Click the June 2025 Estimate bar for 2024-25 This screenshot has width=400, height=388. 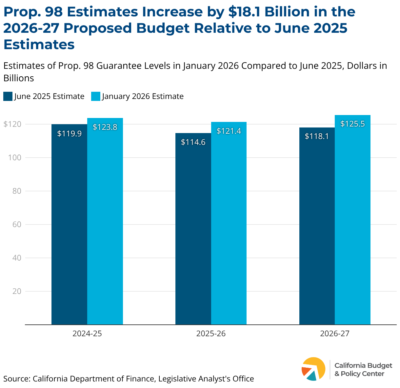click(x=70, y=226)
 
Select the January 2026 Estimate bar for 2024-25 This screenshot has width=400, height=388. click(x=105, y=223)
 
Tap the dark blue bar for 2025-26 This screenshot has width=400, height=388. click(x=193, y=229)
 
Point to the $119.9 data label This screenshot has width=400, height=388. click(x=70, y=134)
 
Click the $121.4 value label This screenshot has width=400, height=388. click(x=229, y=131)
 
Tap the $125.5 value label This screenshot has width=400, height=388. click(x=352, y=124)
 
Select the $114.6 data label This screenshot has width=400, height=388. click(x=193, y=142)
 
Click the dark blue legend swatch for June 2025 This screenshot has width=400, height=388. click(x=8, y=96)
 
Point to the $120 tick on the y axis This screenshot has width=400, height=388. click(x=12, y=124)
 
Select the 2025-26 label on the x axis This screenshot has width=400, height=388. click(x=211, y=334)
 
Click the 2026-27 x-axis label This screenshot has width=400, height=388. click(x=335, y=334)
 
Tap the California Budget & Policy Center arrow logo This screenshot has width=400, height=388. click(x=313, y=369)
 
